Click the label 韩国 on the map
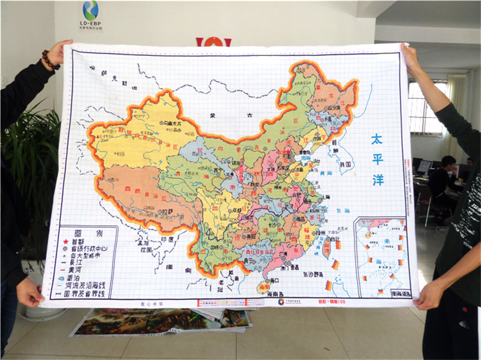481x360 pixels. [345, 163]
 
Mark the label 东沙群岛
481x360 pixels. [311, 273]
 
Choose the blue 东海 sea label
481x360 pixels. [343, 211]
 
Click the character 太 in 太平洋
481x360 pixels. [377, 139]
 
